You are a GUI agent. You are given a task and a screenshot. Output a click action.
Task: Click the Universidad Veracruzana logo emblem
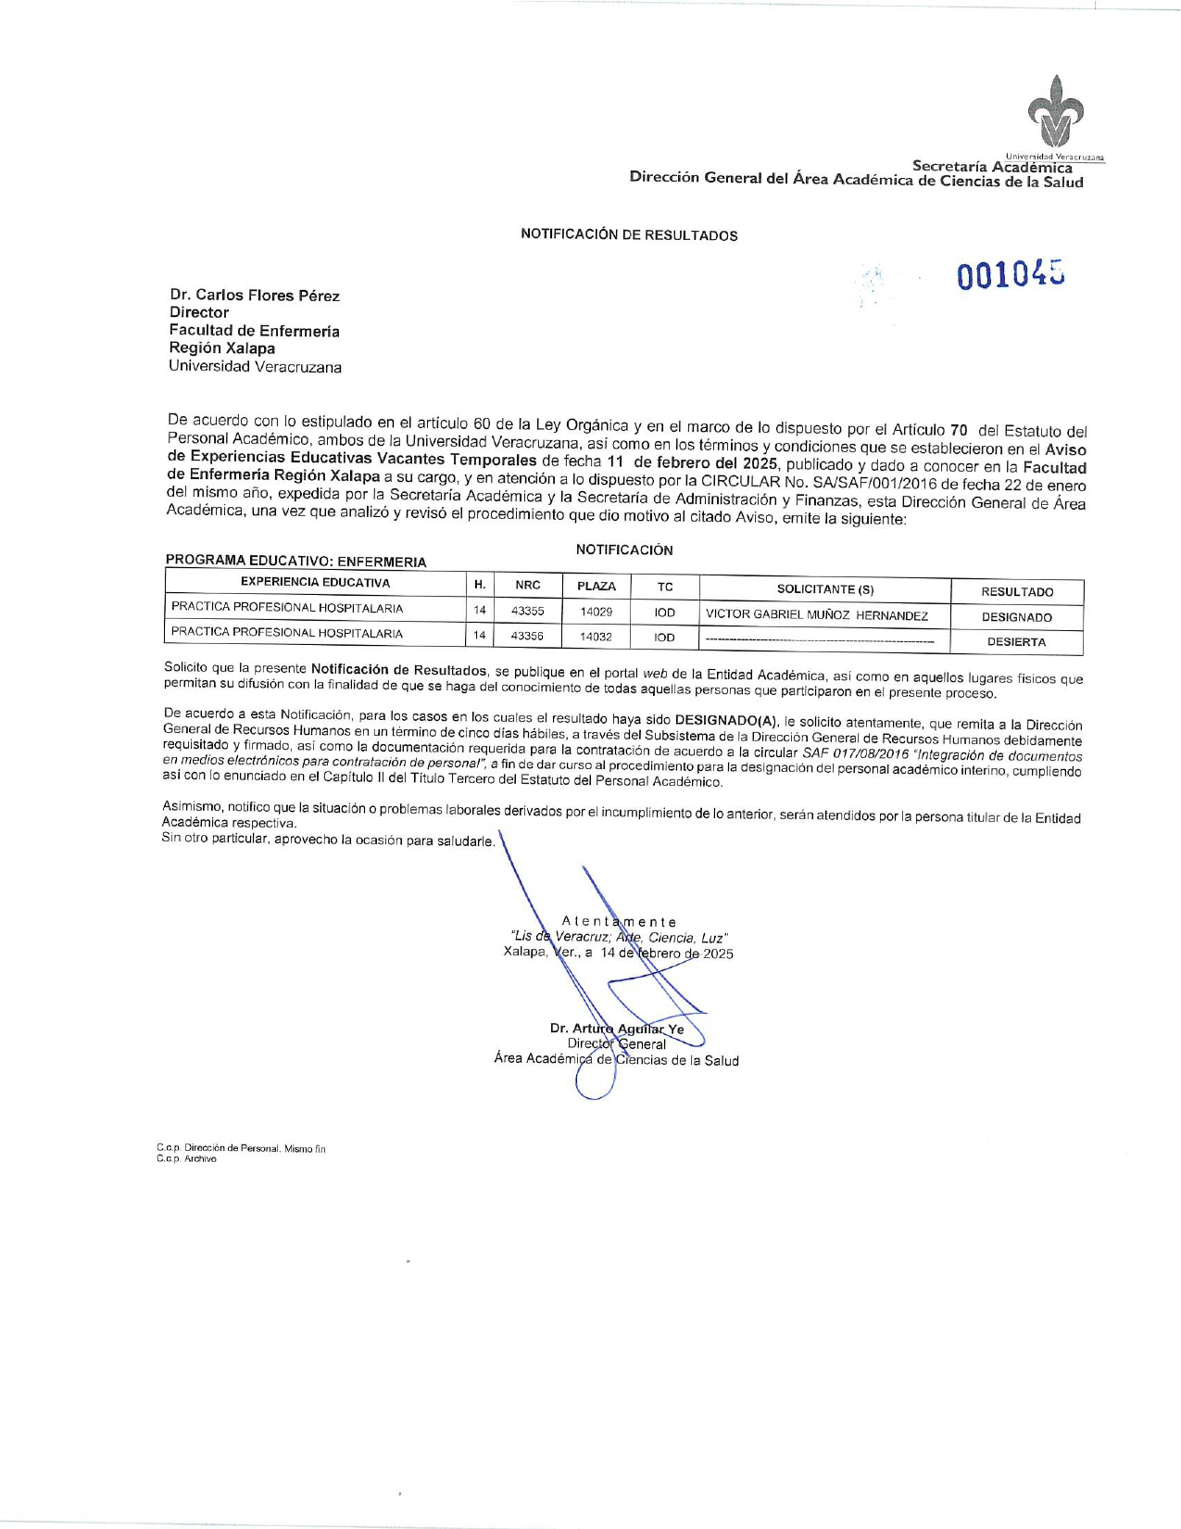pyautogui.click(x=1055, y=111)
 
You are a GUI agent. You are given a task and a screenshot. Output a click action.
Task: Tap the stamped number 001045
pyautogui.click(x=1011, y=275)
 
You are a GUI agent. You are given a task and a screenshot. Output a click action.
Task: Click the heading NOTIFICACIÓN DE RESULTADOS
pyautogui.click(x=629, y=234)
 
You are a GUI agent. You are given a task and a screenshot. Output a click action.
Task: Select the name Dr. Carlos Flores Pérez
pyautogui.click(x=255, y=296)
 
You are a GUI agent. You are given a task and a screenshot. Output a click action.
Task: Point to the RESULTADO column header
pyautogui.click(x=1017, y=591)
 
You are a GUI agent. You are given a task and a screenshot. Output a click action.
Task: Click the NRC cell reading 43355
pyautogui.click(x=527, y=611)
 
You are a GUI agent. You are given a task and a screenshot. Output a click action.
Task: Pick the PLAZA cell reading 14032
pyautogui.click(x=596, y=637)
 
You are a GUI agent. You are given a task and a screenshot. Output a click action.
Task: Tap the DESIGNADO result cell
pyautogui.click(x=1017, y=617)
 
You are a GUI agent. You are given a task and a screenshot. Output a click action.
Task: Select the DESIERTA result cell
pyautogui.click(x=1016, y=641)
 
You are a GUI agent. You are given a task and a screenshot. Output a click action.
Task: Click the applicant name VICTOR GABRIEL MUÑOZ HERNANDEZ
pyautogui.click(x=817, y=614)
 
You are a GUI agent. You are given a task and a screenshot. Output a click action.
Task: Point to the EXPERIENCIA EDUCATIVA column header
pyautogui.click(x=315, y=583)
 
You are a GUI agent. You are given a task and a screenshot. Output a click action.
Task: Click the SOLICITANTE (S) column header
pyautogui.click(x=824, y=589)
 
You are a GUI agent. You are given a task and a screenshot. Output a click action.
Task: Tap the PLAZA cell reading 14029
pyautogui.click(x=596, y=612)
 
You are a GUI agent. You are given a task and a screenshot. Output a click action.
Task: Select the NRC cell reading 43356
pyautogui.click(x=527, y=636)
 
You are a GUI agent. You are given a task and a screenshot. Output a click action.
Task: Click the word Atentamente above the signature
pyautogui.click(x=619, y=921)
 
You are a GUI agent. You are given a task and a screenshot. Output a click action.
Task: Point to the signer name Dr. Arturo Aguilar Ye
pyautogui.click(x=617, y=1029)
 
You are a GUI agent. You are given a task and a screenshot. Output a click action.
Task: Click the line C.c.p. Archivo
pyautogui.click(x=186, y=1159)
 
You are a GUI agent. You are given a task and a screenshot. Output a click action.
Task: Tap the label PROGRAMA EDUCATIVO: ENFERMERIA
pyautogui.click(x=295, y=562)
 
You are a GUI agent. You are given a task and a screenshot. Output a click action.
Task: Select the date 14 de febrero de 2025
pyautogui.click(x=667, y=954)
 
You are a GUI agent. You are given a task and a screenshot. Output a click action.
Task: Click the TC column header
pyautogui.click(x=665, y=587)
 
